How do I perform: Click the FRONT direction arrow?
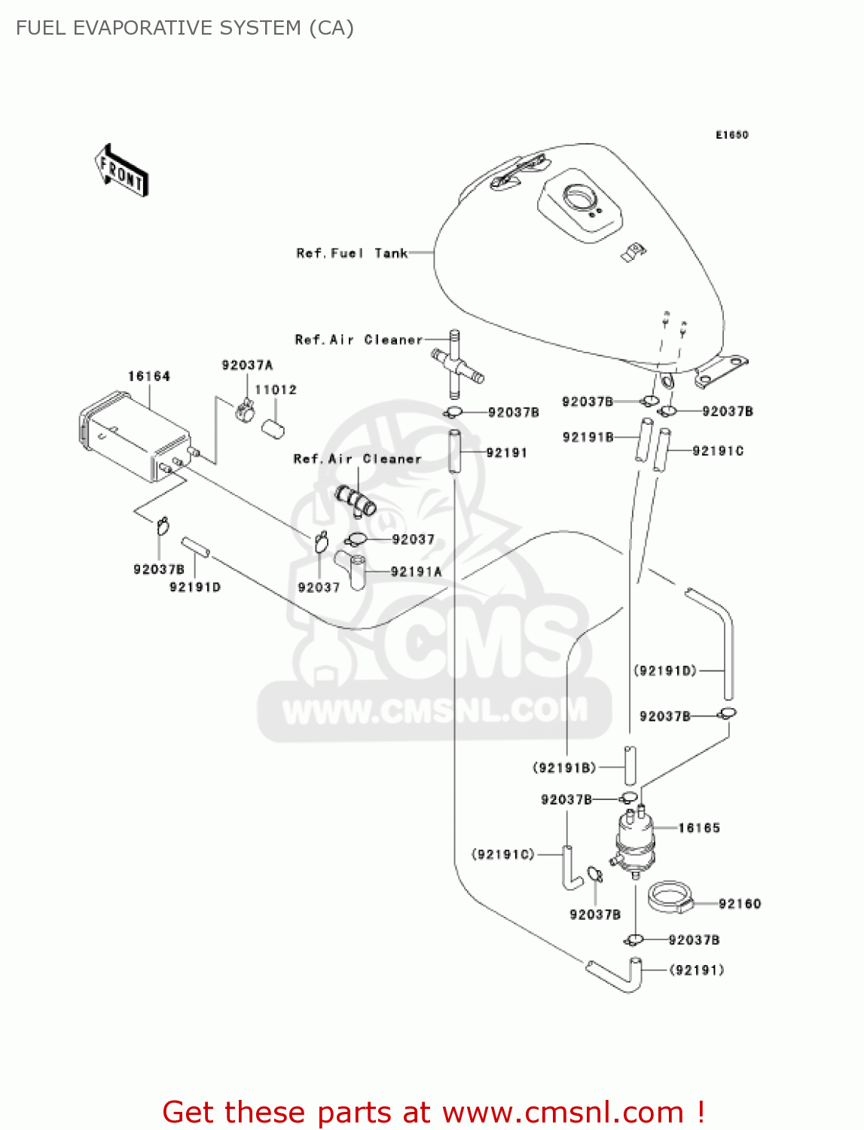click(121, 171)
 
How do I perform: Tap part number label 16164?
click(149, 376)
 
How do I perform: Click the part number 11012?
click(276, 389)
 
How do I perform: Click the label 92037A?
click(247, 365)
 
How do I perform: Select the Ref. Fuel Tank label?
click(352, 253)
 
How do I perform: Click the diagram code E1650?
click(731, 135)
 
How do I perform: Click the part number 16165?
click(699, 828)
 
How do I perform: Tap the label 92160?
click(740, 903)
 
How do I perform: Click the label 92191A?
click(416, 572)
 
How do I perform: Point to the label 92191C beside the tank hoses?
click(718, 450)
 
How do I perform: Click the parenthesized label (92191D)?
click(665, 670)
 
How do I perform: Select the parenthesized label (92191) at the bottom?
click(697, 970)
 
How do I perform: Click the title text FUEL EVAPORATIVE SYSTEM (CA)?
click(185, 28)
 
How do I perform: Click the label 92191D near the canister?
click(195, 587)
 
